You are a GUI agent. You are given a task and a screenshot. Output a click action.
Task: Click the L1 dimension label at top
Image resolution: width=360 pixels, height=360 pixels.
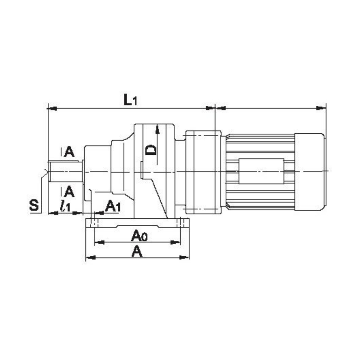(x=130, y=100)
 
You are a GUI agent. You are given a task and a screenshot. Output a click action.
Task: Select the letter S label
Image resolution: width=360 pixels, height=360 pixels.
(x=34, y=205)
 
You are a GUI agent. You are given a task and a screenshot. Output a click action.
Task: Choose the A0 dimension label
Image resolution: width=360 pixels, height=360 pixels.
(x=139, y=236)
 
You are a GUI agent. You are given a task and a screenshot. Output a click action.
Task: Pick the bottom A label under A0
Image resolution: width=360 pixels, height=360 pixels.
(x=137, y=251)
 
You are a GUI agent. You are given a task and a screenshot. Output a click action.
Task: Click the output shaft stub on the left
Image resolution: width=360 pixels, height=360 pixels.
(x=65, y=172)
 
